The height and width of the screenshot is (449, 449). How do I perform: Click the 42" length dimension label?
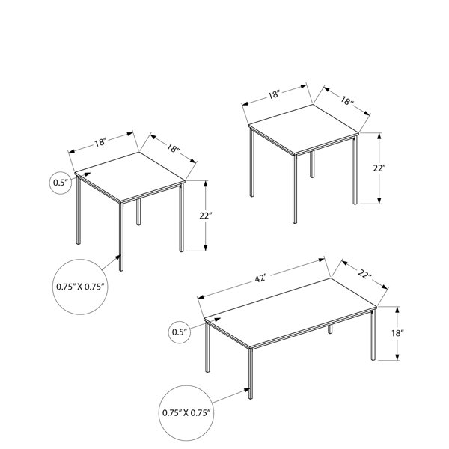tap(260, 278)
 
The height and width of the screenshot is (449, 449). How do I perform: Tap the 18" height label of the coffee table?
tap(397, 333)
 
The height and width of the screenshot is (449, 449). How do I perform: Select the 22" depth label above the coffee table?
tap(364, 275)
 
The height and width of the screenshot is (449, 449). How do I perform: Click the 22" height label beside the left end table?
tap(206, 216)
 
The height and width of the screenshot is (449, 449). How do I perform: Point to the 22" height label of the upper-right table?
tap(379, 168)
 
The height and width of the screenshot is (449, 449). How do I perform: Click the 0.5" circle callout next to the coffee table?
tap(180, 332)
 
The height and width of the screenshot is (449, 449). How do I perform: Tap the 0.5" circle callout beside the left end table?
tap(61, 183)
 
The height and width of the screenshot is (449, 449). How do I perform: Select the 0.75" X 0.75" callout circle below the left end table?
tap(80, 287)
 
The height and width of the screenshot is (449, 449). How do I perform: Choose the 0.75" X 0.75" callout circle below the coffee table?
tap(186, 412)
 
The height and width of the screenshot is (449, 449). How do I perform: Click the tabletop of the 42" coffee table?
tap(290, 313)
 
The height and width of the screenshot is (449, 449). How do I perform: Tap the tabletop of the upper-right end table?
tap(304, 129)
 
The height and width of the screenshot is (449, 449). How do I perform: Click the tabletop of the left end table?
tap(129, 177)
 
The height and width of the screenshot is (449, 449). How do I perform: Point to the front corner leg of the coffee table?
tap(251, 373)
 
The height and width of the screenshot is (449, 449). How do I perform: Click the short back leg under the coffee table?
tap(330, 329)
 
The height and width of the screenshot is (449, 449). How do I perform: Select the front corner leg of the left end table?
tap(121, 236)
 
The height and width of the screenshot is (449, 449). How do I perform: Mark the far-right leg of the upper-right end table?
tap(355, 170)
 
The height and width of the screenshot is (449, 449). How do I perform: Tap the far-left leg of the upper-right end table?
tap(252, 162)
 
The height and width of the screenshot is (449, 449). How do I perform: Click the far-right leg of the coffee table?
tap(373, 335)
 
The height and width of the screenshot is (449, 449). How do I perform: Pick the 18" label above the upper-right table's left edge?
tap(273, 94)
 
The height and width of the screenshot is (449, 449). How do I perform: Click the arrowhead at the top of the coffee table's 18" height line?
tap(397, 309)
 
